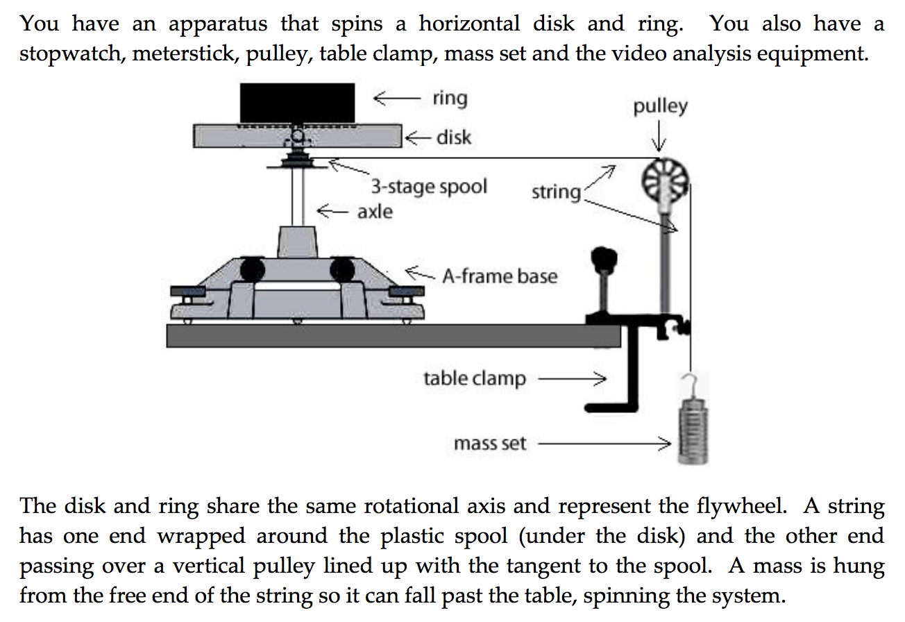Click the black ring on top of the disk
pyautogui.click(x=296, y=102)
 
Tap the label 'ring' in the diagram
pyautogui.click(x=450, y=98)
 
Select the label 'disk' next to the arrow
pyautogui.click(x=453, y=137)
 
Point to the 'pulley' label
pyautogui.click(x=660, y=106)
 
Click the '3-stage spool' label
pyautogui.click(x=428, y=186)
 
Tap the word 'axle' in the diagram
pyautogui.click(x=375, y=210)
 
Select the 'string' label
pyautogui.click(x=555, y=192)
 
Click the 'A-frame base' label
pyautogui.click(x=500, y=276)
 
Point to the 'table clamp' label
pyautogui.click(x=475, y=379)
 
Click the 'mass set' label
pyautogui.click(x=490, y=443)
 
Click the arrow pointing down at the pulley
pyautogui.click(x=659, y=137)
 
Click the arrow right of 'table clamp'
pyautogui.click(x=572, y=379)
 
